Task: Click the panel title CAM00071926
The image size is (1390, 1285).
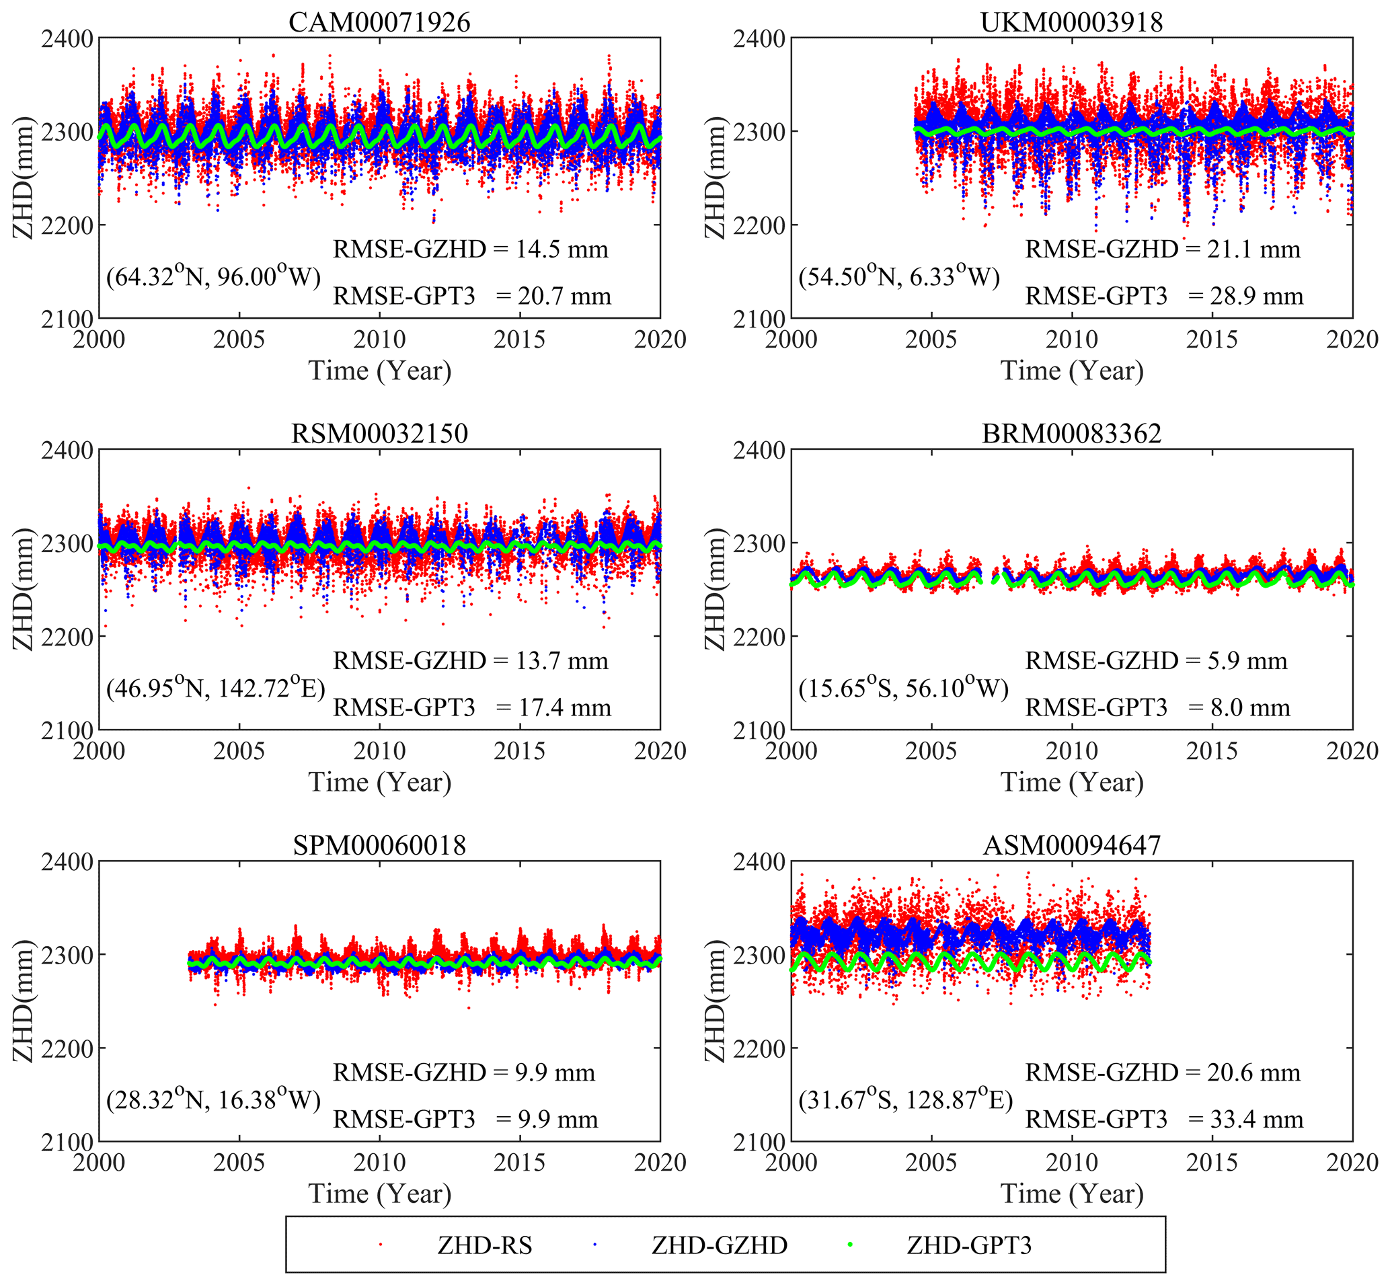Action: (379, 22)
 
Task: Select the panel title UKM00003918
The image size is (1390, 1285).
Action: (1071, 22)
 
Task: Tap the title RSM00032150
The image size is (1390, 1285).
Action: (379, 433)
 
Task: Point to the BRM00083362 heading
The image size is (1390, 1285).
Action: (1071, 433)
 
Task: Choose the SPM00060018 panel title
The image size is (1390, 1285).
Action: (379, 845)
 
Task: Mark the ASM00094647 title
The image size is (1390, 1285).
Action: (1071, 845)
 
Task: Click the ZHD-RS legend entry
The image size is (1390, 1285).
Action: (485, 1245)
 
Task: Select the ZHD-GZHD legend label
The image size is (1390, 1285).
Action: (719, 1245)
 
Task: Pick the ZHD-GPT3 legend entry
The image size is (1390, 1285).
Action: (968, 1245)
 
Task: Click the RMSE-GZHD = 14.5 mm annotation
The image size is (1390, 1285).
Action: (471, 249)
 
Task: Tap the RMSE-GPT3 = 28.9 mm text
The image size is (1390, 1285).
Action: (1164, 297)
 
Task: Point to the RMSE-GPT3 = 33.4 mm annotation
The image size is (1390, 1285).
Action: (1164, 1120)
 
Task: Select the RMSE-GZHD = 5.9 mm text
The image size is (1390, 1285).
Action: (1156, 660)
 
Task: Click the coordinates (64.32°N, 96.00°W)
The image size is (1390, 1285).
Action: (213, 276)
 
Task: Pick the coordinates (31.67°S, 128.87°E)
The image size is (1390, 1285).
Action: (905, 1099)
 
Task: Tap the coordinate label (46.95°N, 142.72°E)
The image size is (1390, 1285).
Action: (216, 688)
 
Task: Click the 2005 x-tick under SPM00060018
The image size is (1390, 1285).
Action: (239, 1162)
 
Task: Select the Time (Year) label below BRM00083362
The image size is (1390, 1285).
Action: (1071, 782)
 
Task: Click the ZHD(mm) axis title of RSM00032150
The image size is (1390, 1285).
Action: (23, 589)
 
